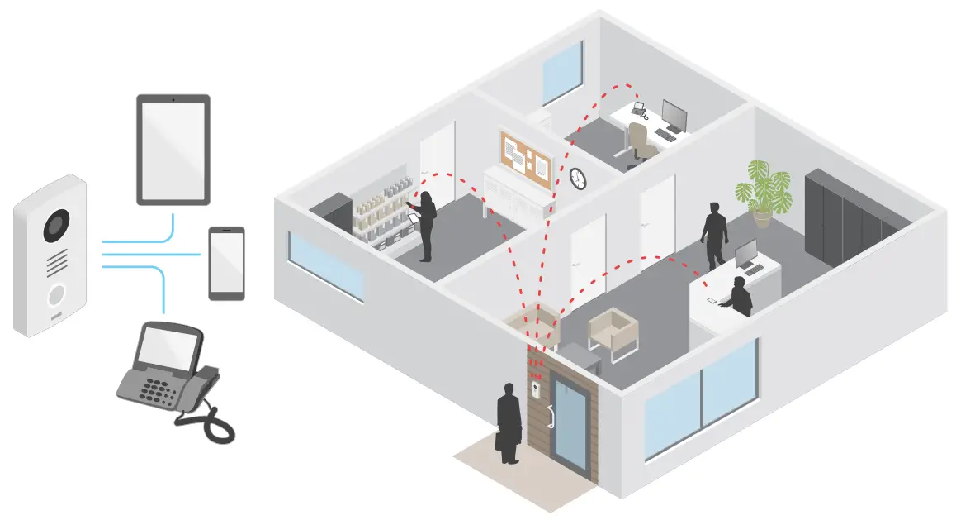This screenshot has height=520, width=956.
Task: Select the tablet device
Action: tap(173, 149)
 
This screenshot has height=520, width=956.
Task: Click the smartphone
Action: tap(226, 263)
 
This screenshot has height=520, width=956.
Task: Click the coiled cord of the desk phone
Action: tap(206, 423)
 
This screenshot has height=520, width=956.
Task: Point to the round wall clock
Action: tap(578, 178)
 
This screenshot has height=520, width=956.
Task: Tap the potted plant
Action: tap(766, 190)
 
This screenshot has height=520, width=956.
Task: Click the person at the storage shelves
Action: tap(427, 226)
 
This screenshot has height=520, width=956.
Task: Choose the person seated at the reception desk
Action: tap(740, 298)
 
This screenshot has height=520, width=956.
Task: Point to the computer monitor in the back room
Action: tap(674, 116)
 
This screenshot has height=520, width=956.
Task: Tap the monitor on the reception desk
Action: tap(746, 255)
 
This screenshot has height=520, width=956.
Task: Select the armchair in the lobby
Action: tap(613, 332)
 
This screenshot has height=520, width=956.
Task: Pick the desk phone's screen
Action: tap(165, 346)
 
